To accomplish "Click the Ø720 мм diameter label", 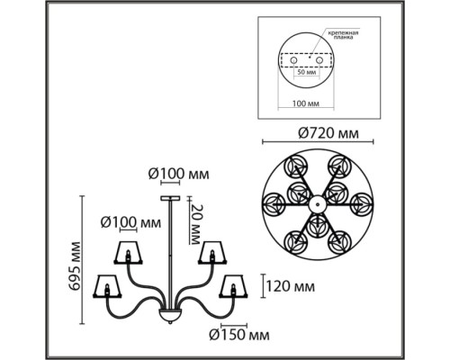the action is [328, 133].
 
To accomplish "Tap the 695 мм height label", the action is [74, 265].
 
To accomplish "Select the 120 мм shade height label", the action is [291, 286].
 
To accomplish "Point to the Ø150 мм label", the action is [239, 335].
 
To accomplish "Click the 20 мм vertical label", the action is [195, 224].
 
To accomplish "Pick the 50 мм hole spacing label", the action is [306, 72].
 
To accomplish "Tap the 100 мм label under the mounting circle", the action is [306, 103].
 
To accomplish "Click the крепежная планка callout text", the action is [343, 35].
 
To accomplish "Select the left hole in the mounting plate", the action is [293, 60].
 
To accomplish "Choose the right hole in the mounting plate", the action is [319, 60].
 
